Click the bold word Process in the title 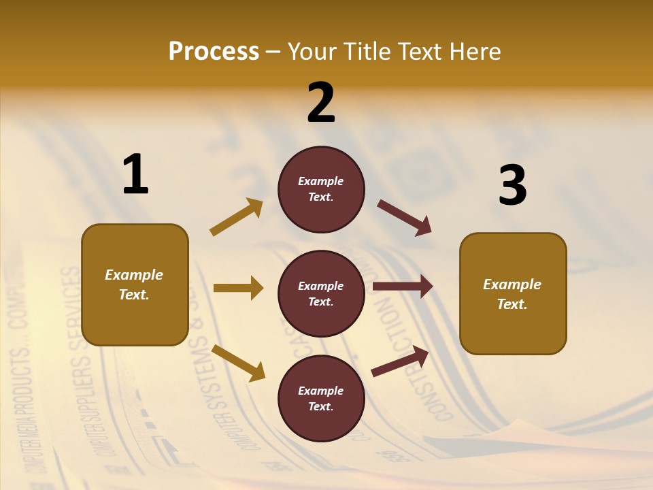214,52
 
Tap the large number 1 135,175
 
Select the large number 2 321,103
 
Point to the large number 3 512,186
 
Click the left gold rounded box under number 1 135,284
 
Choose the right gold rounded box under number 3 513,294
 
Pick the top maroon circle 321,189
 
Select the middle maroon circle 321,293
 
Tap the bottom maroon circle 321,398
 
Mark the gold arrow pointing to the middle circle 238,288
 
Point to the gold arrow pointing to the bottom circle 238,362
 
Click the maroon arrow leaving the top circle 404,218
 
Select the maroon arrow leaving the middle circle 403,287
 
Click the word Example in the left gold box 134,275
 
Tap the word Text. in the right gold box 512,304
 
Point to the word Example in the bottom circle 320,391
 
